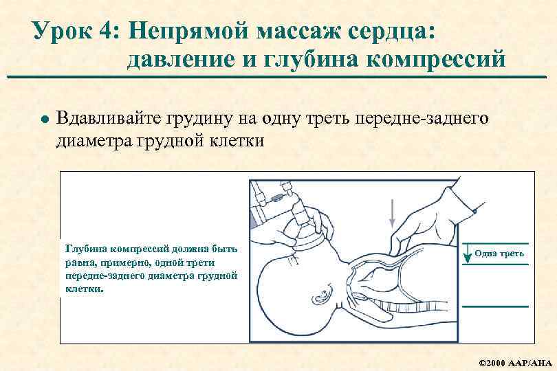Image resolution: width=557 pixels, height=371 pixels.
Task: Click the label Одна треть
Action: [x=499, y=254]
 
